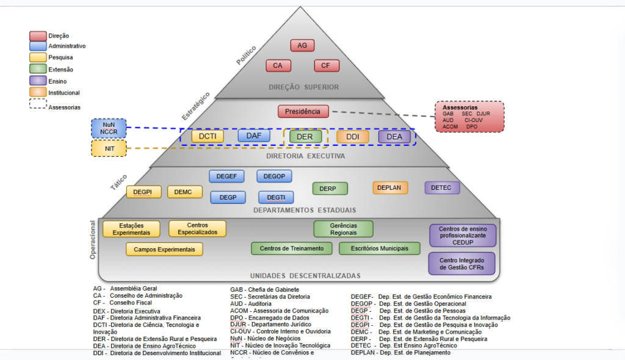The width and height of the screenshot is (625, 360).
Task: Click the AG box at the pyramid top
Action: coord(302,46)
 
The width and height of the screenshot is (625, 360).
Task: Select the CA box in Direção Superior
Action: coord(278,65)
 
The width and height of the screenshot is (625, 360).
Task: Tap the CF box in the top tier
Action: coord(327,65)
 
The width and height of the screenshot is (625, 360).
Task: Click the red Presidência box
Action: coord(303,112)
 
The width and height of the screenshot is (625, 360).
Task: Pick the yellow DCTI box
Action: coord(207,137)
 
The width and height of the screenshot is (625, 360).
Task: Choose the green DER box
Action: coord(305,137)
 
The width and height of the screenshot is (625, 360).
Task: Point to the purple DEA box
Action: coord(394,137)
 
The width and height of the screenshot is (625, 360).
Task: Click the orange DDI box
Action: coord(353,137)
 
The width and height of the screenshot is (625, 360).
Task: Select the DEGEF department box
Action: coord(226,176)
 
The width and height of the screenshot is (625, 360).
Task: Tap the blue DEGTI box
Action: coord(276,197)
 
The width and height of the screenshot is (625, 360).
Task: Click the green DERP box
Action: coord(330,189)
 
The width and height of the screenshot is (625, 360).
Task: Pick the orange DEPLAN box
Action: coord(390,188)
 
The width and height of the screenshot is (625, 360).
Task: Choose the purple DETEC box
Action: coord(442,188)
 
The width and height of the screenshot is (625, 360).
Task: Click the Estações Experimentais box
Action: coord(131,229)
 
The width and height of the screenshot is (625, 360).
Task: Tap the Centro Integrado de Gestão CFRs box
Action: coord(462,264)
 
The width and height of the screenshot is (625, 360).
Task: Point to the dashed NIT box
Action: coord(109,148)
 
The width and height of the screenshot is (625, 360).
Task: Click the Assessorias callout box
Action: coord(469,117)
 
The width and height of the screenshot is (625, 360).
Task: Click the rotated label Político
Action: coord(246,55)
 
